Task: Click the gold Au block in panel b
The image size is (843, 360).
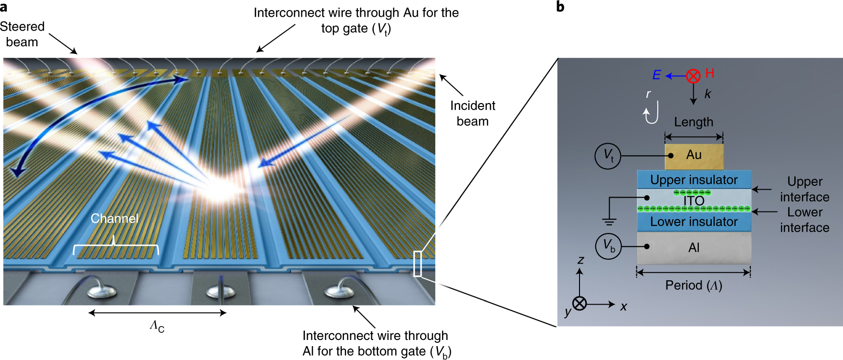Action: (x=694, y=156)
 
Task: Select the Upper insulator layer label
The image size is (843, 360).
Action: (x=694, y=180)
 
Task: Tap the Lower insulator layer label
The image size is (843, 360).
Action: (x=694, y=222)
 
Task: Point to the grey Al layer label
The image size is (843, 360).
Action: (x=694, y=248)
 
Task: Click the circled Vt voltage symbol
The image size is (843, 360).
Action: (x=608, y=156)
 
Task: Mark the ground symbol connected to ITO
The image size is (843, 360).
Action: (x=609, y=221)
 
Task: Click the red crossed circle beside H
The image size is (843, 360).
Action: (x=693, y=76)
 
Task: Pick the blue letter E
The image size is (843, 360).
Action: (x=656, y=75)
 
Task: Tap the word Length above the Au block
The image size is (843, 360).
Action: (x=694, y=122)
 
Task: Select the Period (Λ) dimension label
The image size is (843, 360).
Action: (x=694, y=286)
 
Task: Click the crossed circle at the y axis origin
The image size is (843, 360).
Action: (x=580, y=304)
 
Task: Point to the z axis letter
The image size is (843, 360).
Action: (x=581, y=260)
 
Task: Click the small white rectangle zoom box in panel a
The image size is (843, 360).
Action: (x=418, y=264)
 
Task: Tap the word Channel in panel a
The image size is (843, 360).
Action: (x=115, y=219)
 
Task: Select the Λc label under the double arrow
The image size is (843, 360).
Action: (x=157, y=327)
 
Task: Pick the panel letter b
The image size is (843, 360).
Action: (x=560, y=7)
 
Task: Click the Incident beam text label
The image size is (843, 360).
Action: (x=473, y=113)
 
